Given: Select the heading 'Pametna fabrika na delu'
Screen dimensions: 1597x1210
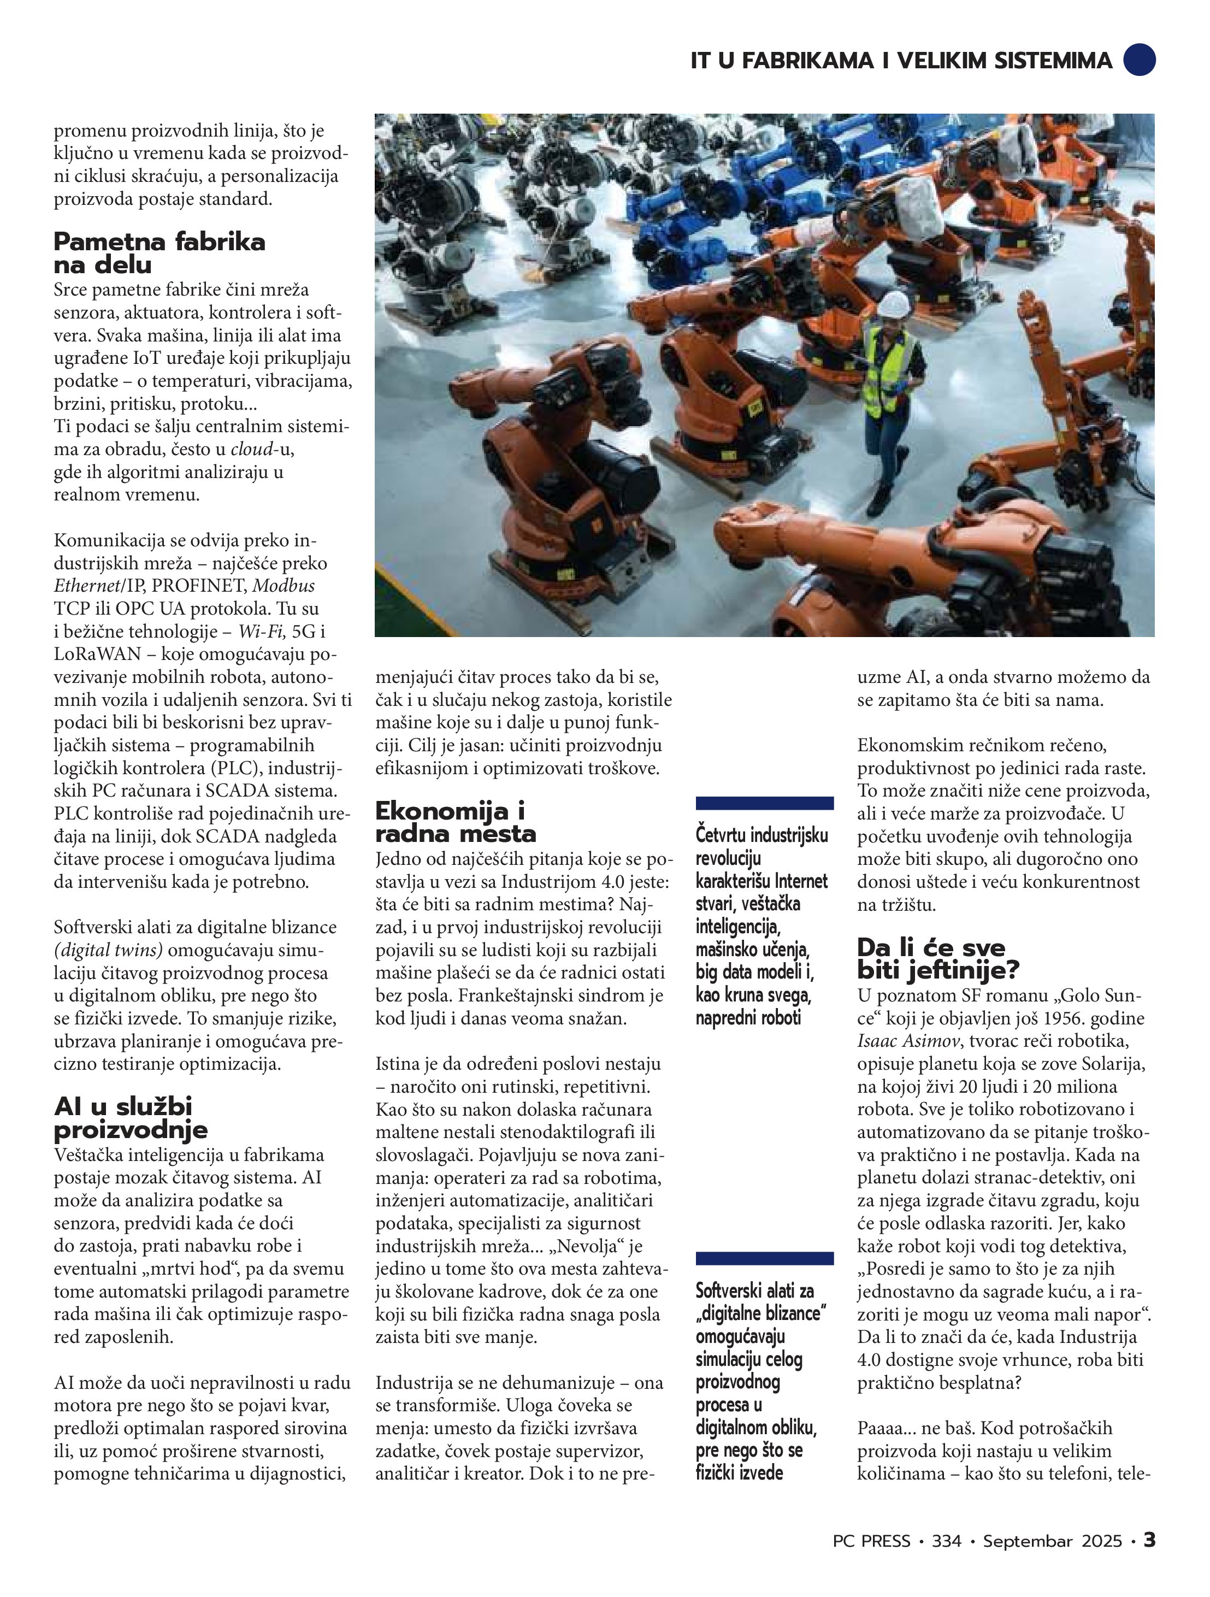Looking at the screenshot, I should tap(160, 252).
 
